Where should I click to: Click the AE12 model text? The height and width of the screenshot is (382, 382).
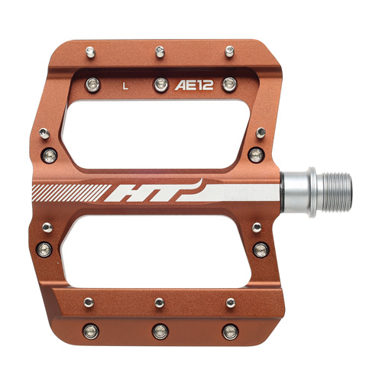(x=194, y=86)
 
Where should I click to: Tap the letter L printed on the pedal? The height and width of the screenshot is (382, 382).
(x=125, y=86)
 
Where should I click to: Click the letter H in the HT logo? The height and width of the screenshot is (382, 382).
(x=128, y=193)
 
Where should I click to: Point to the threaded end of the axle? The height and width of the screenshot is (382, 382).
(x=337, y=193)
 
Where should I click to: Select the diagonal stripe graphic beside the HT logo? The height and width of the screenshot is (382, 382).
(x=70, y=193)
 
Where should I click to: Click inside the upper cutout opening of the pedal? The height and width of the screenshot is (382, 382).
(x=155, y=134)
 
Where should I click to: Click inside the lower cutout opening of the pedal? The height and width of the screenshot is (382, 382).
(x=155, y=251)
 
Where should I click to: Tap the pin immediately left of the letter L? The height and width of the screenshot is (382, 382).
(x=92, y=85)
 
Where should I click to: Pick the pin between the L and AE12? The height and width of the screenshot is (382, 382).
(x=161, y=85)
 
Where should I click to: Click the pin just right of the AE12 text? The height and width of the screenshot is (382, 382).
(x=230, y=84)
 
